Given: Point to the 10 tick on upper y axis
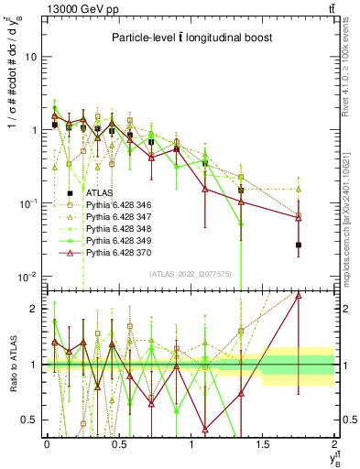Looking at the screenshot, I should pyautogui.click(x=30, y=57).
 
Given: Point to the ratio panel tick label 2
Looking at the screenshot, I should pyautogui.click(x=33, y=309).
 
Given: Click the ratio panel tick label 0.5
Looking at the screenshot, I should pyautogui.click(x=29, y=420).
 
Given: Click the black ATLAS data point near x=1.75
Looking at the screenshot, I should pyautogui.click(x=299, y=245).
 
